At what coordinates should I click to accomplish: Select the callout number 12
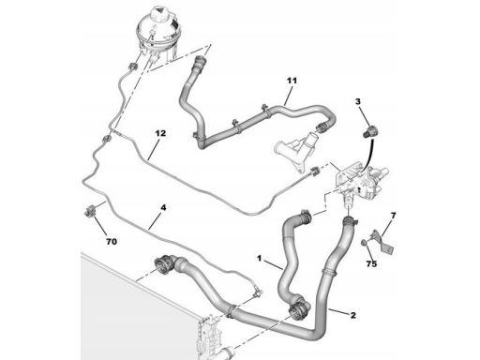point(160,133)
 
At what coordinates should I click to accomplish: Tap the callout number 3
point(358,101)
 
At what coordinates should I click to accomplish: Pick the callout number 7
point(393,216)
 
